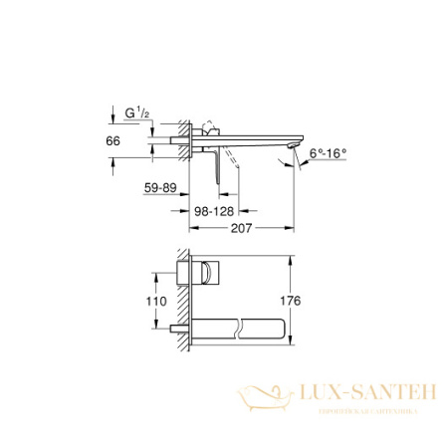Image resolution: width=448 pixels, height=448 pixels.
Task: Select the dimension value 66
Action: tap(112, 141)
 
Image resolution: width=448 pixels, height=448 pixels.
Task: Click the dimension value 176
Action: tap(316, 300)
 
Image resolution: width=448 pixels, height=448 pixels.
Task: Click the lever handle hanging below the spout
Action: tap(215, 158)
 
